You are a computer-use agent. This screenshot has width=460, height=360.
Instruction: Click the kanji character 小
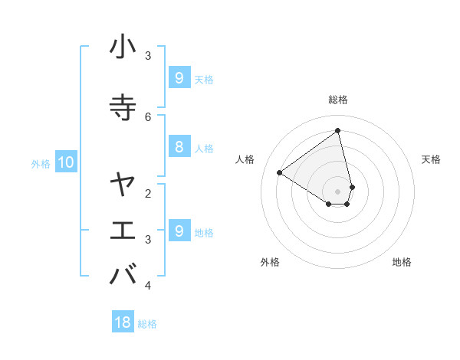tap(123, 47)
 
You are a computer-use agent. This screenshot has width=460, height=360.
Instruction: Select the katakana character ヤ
tap(123, 185)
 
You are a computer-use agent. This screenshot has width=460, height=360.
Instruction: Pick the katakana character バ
tap(123, 274)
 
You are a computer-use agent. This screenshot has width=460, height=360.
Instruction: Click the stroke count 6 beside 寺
tap(148, 116)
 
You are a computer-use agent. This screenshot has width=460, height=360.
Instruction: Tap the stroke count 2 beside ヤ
tap(148, 192)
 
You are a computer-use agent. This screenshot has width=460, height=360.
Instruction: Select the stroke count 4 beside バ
tap(148, 285)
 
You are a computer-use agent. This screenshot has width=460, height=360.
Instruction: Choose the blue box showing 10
tap(65, 162)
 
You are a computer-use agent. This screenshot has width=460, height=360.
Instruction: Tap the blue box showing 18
tap(123, 322)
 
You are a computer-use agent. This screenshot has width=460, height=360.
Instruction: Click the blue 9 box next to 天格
tap(179, 77)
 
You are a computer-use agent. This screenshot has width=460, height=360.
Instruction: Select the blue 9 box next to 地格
tap(179, 231)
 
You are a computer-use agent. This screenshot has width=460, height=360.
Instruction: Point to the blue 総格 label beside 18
tap(147, 324)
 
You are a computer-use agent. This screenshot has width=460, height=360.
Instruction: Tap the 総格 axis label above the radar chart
tap(337, 100)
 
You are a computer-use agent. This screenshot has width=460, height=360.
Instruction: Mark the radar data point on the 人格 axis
tap(280, 173)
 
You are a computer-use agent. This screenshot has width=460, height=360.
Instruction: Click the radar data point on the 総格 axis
tap(337, 130)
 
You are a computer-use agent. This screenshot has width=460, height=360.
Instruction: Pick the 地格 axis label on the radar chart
tap(402, 263)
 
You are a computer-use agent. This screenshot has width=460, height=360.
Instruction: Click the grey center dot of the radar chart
tap(337, 191)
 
